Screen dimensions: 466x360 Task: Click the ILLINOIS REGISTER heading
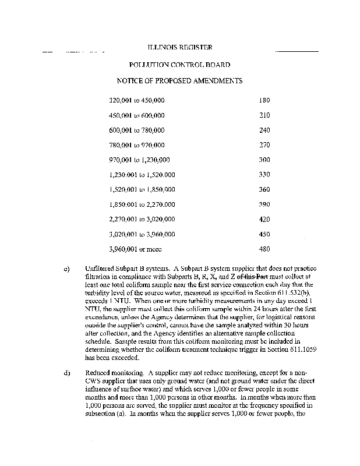179,47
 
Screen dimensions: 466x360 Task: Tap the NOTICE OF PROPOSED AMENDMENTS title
179,81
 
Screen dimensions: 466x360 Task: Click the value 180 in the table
264,100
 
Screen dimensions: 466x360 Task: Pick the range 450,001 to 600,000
137,115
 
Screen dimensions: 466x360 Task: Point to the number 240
264,130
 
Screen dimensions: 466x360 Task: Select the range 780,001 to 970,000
137,145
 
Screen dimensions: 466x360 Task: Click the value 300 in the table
264,160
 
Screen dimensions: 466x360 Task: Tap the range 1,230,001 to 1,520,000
142,175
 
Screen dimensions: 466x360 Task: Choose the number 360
264,189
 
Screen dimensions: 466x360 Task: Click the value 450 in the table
264,234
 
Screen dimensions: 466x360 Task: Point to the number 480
264,249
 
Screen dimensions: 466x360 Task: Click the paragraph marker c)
67,269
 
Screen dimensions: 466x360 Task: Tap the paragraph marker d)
67,370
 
